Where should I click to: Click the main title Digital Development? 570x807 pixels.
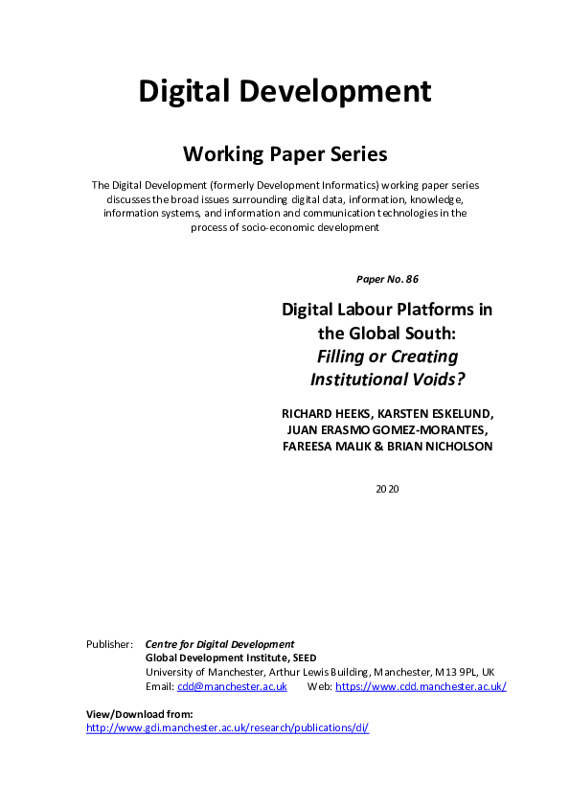(x=285, y=91)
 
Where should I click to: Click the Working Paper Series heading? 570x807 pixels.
(x=285, y=153)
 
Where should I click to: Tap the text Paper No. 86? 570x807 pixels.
(x=387, y=279)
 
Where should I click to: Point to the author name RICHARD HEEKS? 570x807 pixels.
(x=320, y=413)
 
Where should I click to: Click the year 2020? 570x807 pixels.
(x=387, y=489)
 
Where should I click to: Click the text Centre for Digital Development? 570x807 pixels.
(x=219, y=644)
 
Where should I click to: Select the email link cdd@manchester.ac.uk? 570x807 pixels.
(x=231, y=686)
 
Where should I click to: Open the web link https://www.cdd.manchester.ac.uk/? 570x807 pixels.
(x=420, y=686)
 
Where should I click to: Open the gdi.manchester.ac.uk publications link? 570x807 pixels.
(x=227, y=728)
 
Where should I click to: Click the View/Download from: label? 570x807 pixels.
(x=140, y=714)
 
